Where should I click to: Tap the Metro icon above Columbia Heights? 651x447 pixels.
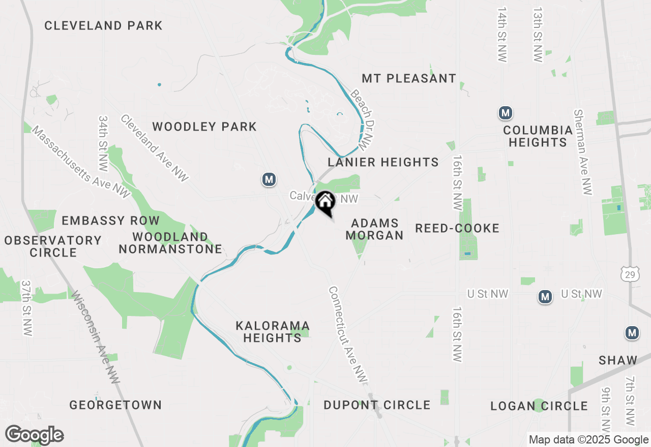coord(505,113)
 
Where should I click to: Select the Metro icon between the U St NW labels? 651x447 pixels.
coord(545,297)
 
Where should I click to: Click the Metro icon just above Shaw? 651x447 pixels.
coord(632,333)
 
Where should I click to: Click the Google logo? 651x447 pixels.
coord(34,435)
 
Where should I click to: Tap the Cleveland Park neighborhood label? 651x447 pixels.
coord(103,25)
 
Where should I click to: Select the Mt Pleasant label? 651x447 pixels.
coord(409,78)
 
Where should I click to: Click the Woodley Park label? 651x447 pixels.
coord(204,126)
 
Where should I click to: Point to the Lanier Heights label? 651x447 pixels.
coord(383,162)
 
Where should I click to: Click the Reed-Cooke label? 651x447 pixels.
coord(457,228)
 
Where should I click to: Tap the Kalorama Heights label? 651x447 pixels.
coord(273,331)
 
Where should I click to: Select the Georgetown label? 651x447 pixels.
coord(115,405)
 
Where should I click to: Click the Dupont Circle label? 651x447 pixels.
coord(377,405)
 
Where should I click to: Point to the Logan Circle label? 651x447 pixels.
coord(539,406)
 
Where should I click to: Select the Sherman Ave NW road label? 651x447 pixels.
coord(583,152)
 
